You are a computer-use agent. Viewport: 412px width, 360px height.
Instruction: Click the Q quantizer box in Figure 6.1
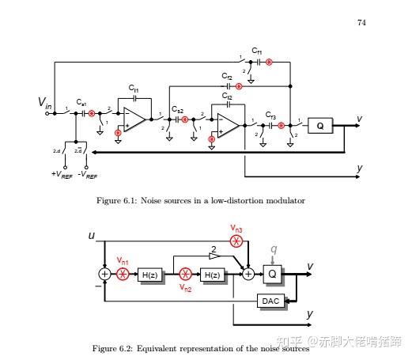[x=320, y=126]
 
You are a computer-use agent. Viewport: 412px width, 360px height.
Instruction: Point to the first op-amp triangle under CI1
[x=133, y=119]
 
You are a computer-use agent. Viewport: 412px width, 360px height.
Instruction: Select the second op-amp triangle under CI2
[x=226, y=124]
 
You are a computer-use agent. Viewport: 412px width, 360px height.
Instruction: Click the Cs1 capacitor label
[x=82, y=104]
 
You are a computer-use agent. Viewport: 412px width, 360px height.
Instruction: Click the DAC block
[x=270, y=301]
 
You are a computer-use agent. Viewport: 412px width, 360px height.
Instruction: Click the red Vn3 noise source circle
[x=236, y=241]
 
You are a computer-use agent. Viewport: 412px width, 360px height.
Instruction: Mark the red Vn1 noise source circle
[x=123, y=274]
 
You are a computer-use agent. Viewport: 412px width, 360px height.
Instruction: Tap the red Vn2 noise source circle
[x=185, y=275]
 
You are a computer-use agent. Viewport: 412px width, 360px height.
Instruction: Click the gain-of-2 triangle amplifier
[x=214, y=256]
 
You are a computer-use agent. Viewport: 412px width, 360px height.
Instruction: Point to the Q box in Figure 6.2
[x=273, y=274]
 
